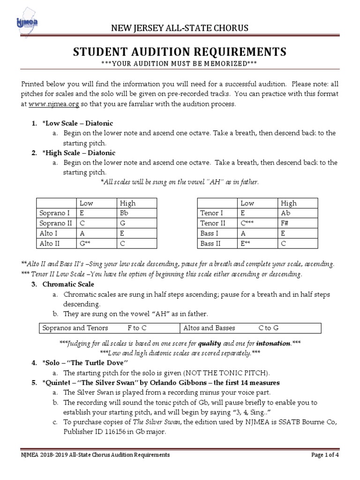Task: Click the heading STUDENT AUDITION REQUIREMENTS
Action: (179, 52)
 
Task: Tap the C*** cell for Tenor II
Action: (248, 223)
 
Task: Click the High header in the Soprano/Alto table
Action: (127, 203)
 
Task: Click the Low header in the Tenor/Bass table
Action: (247, 203)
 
